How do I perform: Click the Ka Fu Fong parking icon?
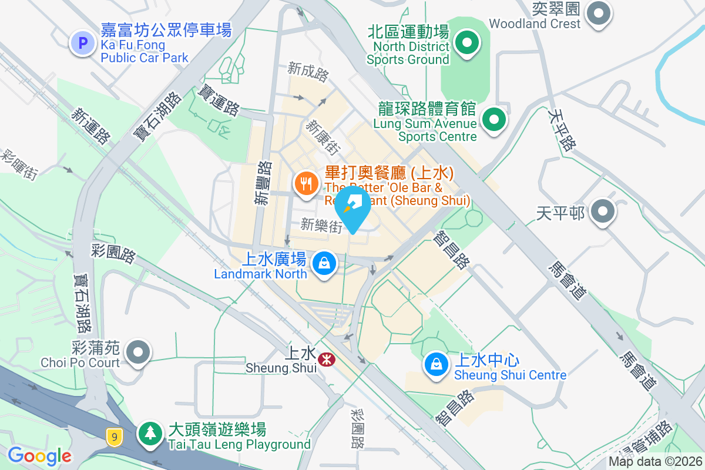click(x=82, y=43)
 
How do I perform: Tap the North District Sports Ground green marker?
click(x=466, y=43)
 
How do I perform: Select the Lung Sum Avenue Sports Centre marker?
click(x=494, y=121)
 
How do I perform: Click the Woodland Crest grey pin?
click(x=599, y=14)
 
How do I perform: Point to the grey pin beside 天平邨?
click(x=602, y=211)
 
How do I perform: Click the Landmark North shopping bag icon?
click(x=324, y=263)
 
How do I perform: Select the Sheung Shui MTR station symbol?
click(x=325, y=358)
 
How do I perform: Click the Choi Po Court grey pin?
click(x=139, y=352)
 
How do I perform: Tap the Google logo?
click(x=39, y=456)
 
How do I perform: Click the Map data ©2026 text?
click(x=654, y=461)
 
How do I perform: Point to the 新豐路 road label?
click(x=263, y=183)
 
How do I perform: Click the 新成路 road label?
click(x=308, y=72)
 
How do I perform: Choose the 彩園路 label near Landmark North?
click(x=113, y=254)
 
